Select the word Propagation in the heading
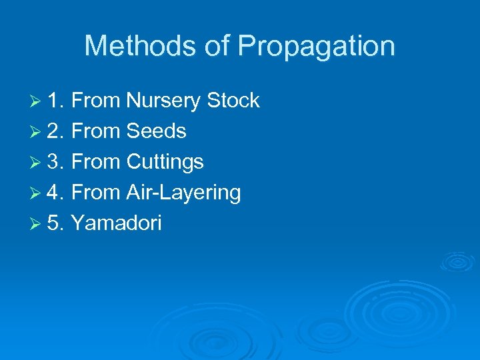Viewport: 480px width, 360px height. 317,47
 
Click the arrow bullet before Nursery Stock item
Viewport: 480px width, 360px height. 37,101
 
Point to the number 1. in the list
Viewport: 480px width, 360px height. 56,101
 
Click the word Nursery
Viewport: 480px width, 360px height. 163,101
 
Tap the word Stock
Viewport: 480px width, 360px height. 233,101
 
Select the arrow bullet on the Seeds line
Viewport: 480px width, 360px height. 37,132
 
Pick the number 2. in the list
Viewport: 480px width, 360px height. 56,131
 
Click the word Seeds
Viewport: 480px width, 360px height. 157,131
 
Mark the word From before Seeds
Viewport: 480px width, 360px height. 95,131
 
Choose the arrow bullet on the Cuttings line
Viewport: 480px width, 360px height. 37,163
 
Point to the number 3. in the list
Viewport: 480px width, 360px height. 56,162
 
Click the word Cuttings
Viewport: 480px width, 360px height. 165,163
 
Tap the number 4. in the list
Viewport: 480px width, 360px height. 56,193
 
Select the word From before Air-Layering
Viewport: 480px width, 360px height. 95,193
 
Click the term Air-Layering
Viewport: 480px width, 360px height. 183,193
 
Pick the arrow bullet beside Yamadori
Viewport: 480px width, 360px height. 37,224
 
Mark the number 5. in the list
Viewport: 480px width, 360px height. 56,223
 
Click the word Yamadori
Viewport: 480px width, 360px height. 116,223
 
